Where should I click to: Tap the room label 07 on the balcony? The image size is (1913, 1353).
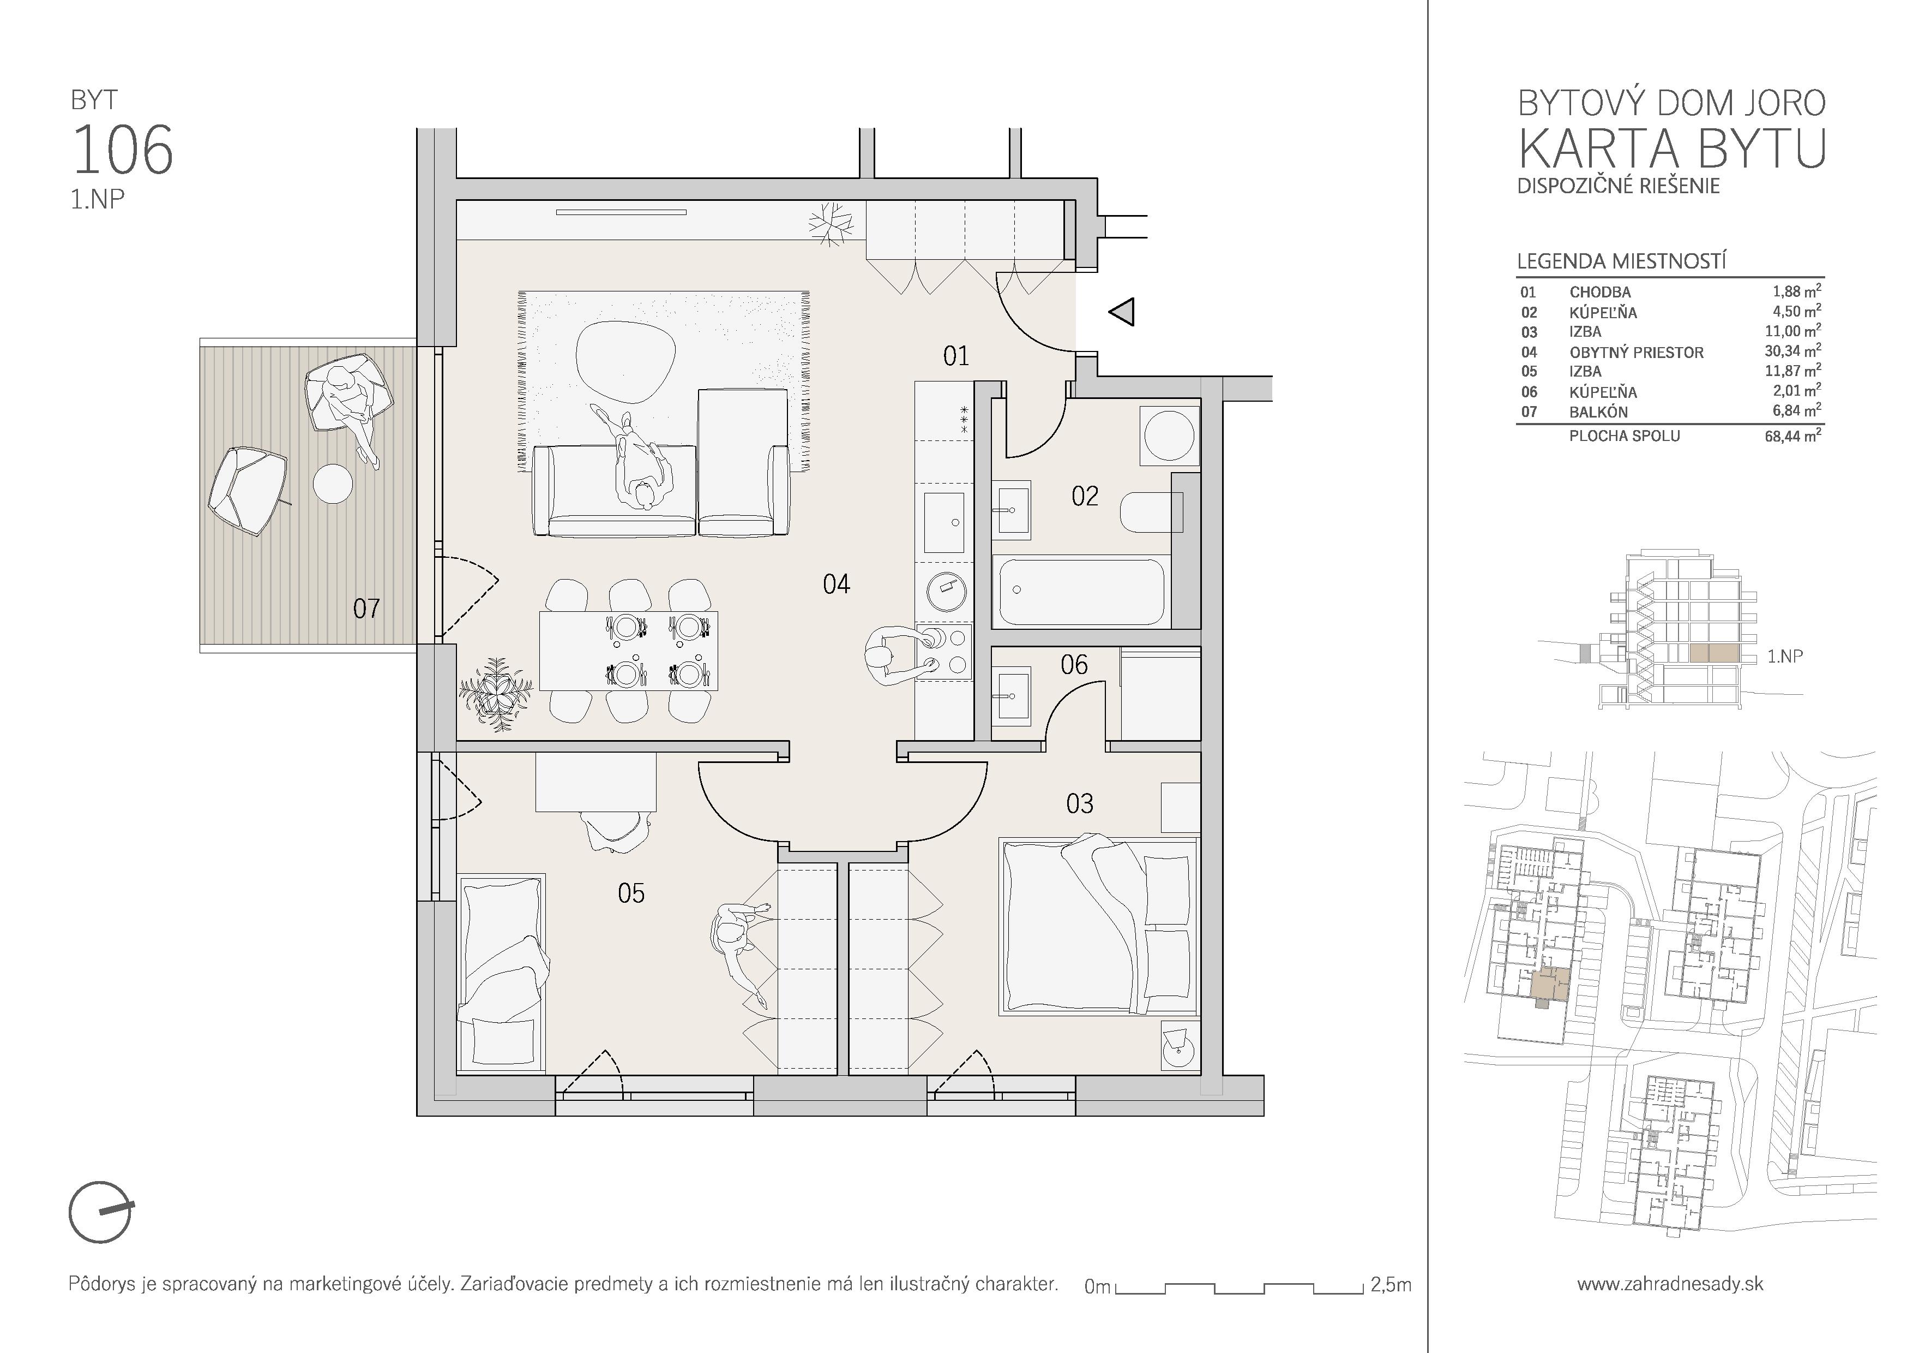click(366, 609)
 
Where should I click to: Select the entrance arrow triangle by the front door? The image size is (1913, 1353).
click(1122, 313)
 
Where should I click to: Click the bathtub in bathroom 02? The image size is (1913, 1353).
click(1081, 592)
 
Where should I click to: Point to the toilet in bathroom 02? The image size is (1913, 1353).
click(1152, 512)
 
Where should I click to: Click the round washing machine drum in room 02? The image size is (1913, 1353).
click(1170, 434)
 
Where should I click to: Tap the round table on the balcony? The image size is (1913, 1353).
click(333, 484)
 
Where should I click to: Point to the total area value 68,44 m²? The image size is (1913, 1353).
click(1792, 435)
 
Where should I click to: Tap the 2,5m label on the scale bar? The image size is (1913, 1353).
click(1391, 1285)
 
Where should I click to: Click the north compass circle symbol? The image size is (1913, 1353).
click(100, 1212)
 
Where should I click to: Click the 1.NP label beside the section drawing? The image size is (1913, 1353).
click(1785, 657)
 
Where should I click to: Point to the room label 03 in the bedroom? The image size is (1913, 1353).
click(1080, 803)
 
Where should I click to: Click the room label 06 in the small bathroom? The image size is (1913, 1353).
click(1074, 664)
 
